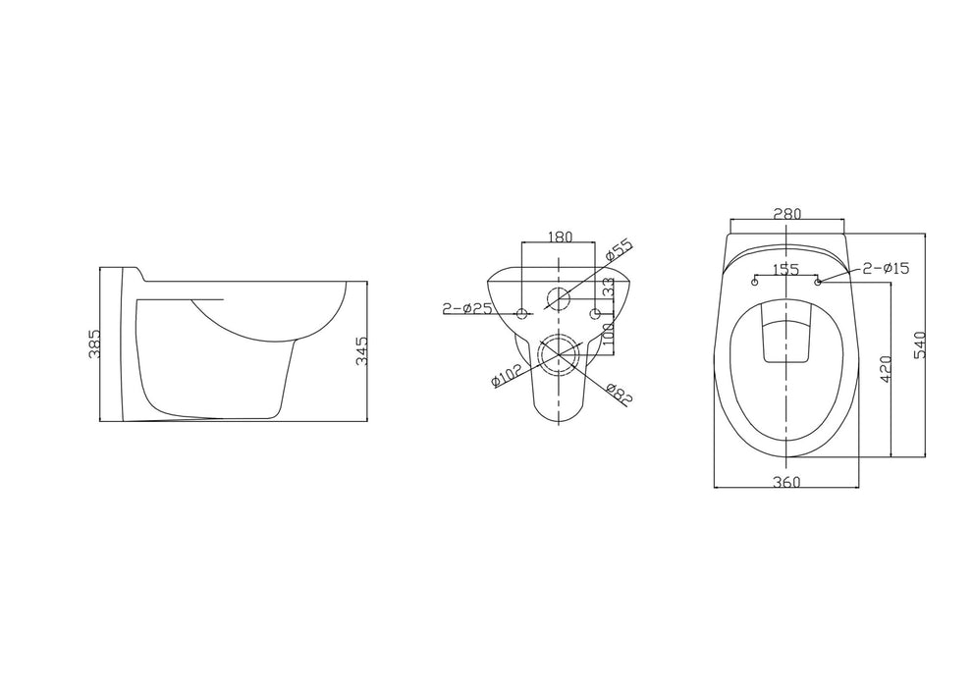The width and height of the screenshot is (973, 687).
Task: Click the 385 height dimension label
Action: click(x=95, y=344)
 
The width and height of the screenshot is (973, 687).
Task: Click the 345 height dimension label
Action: click(x=362, y=351)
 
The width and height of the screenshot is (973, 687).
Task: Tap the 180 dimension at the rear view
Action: click(x=560, y=237)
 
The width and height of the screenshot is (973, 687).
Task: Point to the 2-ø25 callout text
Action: click(x=466, y=307)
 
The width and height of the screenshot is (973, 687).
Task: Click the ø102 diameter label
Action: click(x=507, y=376)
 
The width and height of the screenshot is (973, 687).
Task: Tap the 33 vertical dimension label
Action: click(x=608, y=288)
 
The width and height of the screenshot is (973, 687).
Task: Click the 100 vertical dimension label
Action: click(x=608, y=335)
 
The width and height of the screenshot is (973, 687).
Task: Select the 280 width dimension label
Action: click(x=787, y=214)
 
